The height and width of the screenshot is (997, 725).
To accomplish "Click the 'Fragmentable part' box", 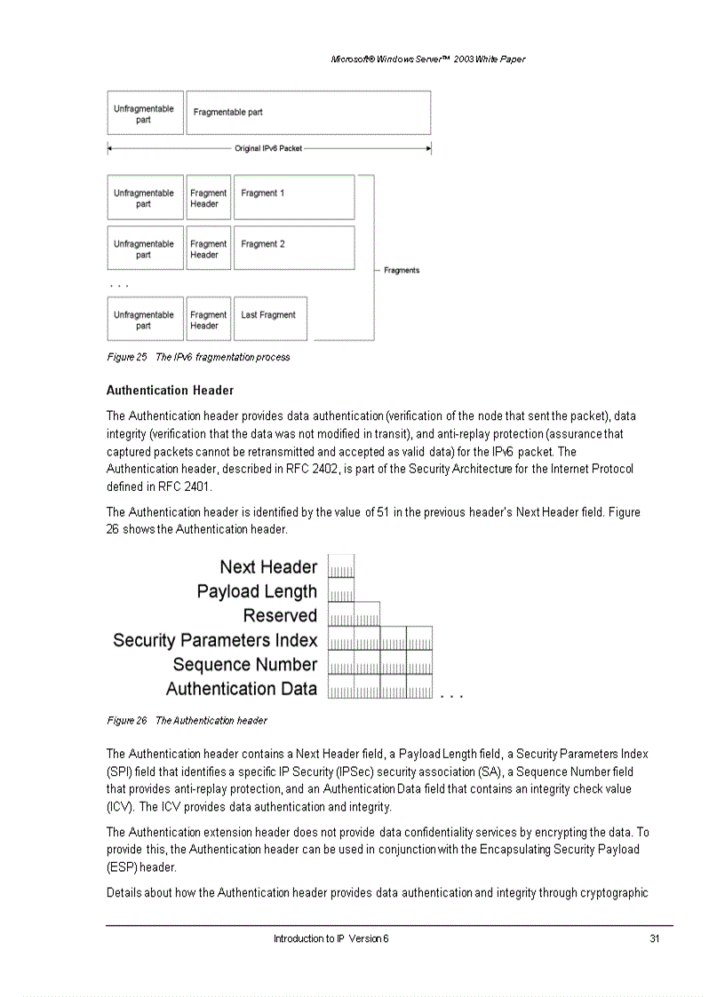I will coord(308,113).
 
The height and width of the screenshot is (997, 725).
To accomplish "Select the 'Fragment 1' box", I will coord(293,198).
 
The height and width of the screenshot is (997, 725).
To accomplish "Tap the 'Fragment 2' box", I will coord(293,248).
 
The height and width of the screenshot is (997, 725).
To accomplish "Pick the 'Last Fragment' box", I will coord(269,319).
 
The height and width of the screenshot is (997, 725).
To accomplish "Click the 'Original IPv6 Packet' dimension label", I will coord(268,148).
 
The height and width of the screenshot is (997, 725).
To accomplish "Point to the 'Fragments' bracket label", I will coord(402,270).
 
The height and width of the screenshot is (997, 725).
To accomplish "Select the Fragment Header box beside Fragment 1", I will coord(209,198).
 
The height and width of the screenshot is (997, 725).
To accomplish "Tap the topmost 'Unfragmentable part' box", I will coord(145,114).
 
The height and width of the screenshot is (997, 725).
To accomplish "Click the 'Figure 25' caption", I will coord(197,357).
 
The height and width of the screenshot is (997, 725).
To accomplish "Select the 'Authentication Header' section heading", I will coord(170,391).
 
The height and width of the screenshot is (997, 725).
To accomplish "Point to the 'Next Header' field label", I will coord(268,567).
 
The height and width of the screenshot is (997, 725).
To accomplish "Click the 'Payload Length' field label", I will coord(257,591).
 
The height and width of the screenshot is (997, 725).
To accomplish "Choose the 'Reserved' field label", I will coord(280,615).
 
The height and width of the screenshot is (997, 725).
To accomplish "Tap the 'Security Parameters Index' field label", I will coord(215,640).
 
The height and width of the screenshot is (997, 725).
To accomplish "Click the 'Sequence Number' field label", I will coord(244,664).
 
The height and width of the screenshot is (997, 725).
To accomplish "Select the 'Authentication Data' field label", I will coord(241,689).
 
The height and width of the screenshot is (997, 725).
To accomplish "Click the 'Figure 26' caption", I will coord(187,720).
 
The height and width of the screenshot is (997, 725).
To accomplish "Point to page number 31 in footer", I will coord(654,938).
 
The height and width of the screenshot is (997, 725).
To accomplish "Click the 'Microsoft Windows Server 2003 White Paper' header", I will coord(427,59).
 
